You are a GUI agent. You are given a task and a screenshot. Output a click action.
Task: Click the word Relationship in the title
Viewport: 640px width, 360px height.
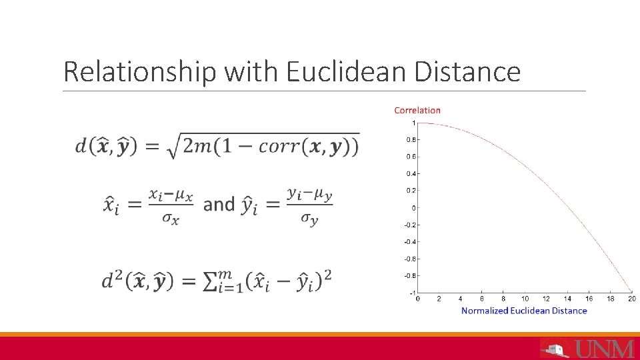(139, 71)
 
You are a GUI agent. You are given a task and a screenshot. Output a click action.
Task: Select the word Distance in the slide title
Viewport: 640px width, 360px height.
(467, 71)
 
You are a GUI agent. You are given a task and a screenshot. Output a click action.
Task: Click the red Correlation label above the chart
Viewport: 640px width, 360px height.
(417, 110)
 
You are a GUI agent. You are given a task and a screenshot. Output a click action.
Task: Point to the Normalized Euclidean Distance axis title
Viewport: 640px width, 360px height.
(524, 311)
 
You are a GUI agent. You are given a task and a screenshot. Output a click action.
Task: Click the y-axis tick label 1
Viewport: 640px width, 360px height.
(413, 123)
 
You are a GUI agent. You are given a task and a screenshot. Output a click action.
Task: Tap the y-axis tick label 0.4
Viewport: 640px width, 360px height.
(411, 174)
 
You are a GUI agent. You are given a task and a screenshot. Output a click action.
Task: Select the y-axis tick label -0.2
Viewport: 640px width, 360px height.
(411, 225)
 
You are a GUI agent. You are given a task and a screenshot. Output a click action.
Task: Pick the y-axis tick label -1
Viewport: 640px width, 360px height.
(413, 293)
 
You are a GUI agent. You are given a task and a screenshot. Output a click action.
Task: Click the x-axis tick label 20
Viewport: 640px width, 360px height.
(631, 299)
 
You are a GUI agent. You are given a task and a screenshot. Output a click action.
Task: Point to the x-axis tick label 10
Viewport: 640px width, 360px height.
(525, 299)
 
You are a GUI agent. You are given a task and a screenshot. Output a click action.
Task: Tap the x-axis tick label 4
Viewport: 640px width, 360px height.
(460, 299)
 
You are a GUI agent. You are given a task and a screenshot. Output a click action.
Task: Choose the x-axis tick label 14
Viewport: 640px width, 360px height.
(567, 299)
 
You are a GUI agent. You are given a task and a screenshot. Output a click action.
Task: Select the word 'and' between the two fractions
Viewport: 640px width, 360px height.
(219, 204)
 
